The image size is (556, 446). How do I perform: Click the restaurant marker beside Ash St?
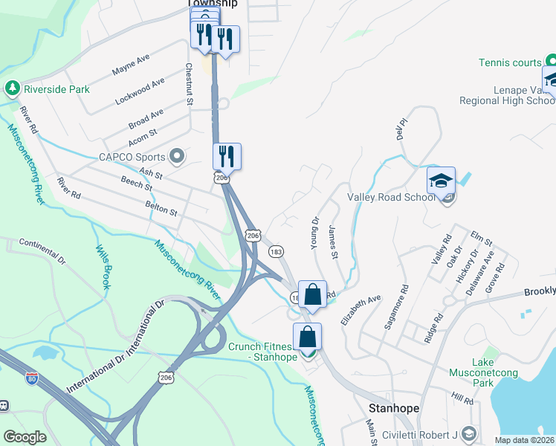(x=227, y=157)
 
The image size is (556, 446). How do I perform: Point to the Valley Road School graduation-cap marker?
(x=441, y=181)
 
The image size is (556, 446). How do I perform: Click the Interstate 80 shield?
(x=31, y=378)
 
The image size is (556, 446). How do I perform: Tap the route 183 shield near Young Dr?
(x=275, y=252)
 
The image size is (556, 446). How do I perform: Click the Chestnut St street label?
(x=189, y=84)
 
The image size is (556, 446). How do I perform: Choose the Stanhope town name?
(x=394, y=409)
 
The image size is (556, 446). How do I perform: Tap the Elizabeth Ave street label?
(x=361, y=309)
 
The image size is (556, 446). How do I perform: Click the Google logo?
(x=25, y=437)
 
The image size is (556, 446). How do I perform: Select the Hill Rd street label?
(x=462, y=399)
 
